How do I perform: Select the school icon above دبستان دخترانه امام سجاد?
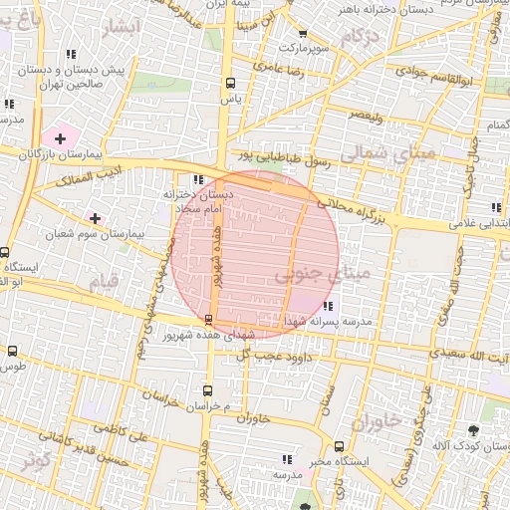pyautogui.click(x=197, y=180)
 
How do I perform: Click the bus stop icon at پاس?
pyautogui.click(x=231, y=84)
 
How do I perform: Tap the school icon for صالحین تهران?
pyautogui.click(x=69, y=55)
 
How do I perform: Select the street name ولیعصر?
pyautogui.click(x=364, y=117)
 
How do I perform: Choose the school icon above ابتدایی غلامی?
pyautogui.click(x=495, y=207)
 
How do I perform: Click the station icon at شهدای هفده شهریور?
pyautogui.click(x=207, y=319)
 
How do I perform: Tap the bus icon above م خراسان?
pyautogui.click(x=208, y=390)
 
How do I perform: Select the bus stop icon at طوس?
pyautogui.click(x=13, y=351)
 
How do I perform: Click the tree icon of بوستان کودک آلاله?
pyautogui.click(x=472, y=430)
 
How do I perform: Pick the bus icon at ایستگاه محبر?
pyautogui.click(x=339, y=446)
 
